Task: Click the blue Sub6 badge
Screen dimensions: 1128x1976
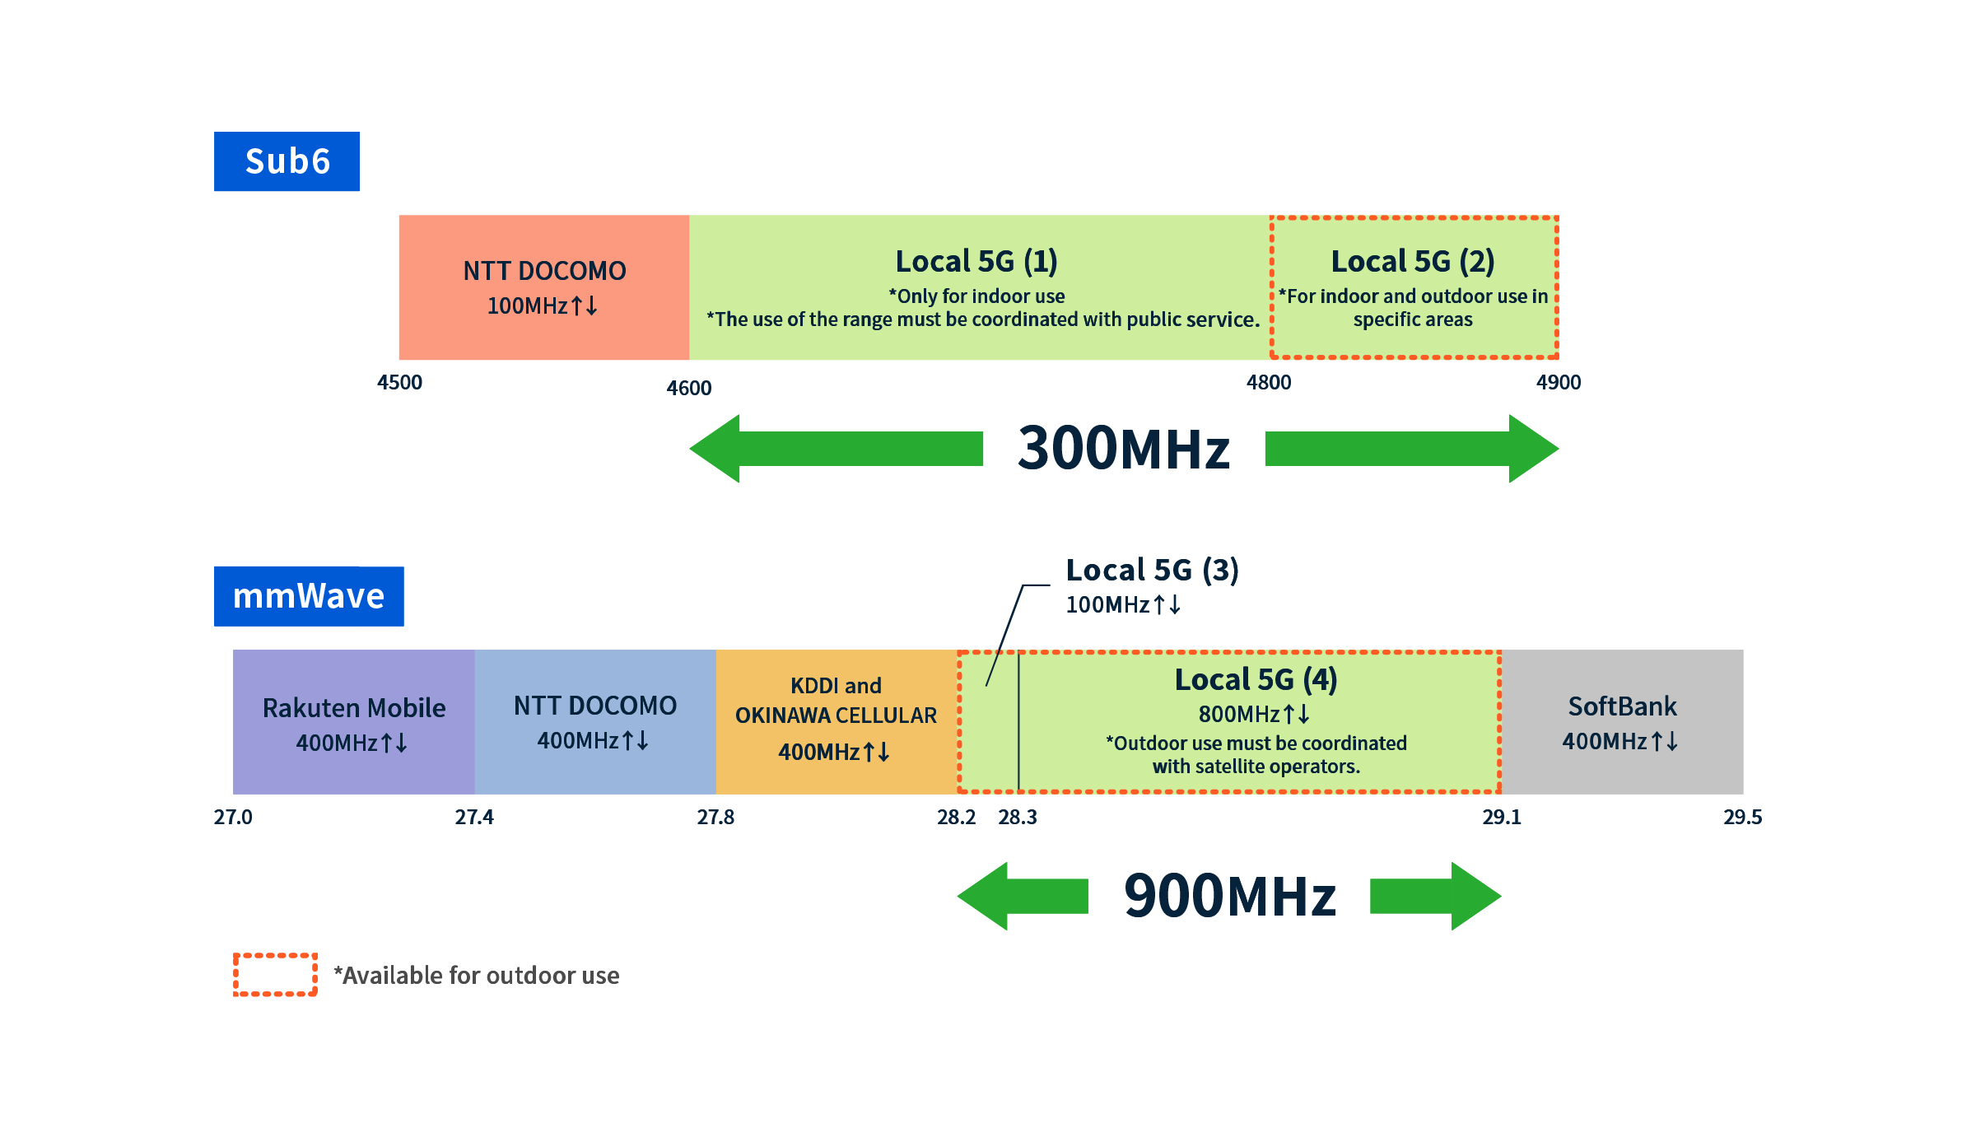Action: [287, 161]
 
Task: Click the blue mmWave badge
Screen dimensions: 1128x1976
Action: [309, 596]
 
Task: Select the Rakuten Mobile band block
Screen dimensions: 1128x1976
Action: [354, 722]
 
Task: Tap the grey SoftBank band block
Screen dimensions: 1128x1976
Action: [1622, 722]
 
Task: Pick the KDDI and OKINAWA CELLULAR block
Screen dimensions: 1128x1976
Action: [837, 722]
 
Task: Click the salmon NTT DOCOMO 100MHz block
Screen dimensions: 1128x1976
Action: [544, 287]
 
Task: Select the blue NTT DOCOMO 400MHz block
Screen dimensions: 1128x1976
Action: [595, 722]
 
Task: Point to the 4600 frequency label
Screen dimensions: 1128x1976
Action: [689, 388]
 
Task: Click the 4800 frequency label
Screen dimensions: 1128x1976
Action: [1269, 382]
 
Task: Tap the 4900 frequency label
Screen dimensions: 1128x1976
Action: [1559, 382]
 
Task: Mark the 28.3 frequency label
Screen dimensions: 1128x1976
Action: [1018, 817]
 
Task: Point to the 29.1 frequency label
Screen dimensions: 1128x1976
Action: [1502, 817]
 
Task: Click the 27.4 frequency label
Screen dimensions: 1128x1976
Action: [474, 817]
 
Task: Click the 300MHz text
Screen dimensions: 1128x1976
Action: [1124, 449]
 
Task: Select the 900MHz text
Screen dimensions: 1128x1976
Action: [1230, 897]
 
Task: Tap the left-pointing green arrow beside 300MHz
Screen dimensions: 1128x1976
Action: [836, 449]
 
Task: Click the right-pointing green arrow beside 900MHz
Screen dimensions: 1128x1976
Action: [1436, 897]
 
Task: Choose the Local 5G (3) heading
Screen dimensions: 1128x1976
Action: [1152, 570]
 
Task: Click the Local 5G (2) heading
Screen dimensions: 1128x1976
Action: [1413, 261]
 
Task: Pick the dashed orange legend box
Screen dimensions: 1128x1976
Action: [275, 975]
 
